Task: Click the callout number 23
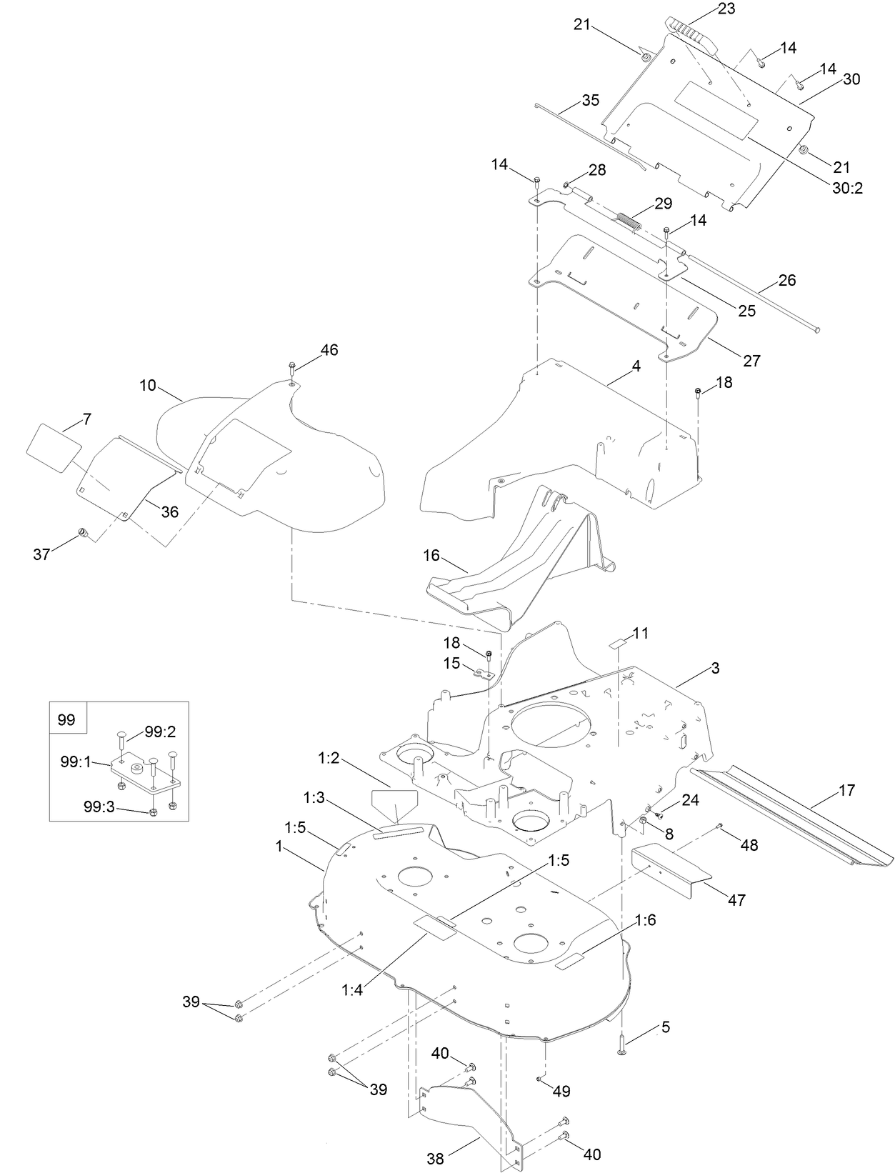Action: (x=726, y=9)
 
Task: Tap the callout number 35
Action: (x=590, y=100)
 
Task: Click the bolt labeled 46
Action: (x=294, y=370)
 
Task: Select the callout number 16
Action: (x=451, y=556)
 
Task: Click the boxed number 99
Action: (x=66, y=719)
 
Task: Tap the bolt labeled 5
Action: (x=621, y=1047)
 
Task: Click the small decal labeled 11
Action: (x=617, y=644)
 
